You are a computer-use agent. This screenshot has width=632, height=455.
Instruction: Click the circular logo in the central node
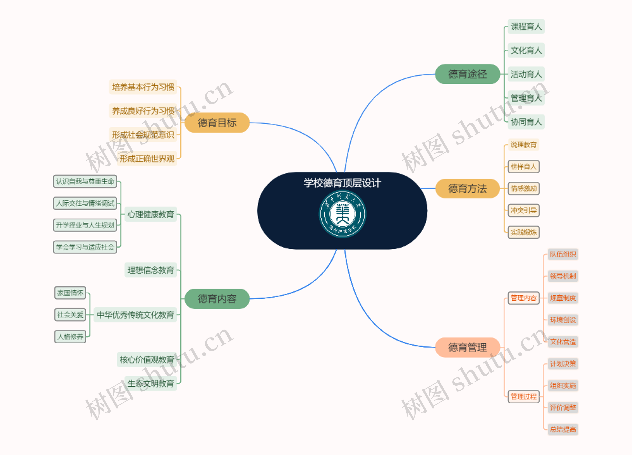(x=342, y=214)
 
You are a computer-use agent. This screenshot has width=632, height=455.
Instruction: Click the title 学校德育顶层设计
(x=342, y=183)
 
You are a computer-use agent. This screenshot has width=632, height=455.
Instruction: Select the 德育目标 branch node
(x=217, y=123)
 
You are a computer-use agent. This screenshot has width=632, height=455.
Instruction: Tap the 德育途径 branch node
(x=467, y=74)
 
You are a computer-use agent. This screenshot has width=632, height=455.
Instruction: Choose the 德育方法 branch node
(x=467, y=189)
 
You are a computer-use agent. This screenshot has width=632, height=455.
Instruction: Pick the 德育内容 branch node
(x=217, y=299)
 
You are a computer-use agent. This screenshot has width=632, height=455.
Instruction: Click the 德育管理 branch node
(x=467, y=347)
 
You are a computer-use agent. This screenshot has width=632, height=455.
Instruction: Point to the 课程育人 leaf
(x=526, y=26)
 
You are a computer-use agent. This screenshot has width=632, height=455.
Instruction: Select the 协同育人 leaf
(x=526, y=122)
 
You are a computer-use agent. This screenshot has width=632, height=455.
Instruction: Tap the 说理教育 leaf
(x=523, y=145)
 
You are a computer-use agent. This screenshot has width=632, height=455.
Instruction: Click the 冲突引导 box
(x=523, y=210)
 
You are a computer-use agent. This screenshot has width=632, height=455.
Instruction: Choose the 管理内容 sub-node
(x=523, y=298)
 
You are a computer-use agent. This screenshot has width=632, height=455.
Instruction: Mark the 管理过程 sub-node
(x=523, y=396)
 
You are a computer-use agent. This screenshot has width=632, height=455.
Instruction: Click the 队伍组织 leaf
(x=563, y=254)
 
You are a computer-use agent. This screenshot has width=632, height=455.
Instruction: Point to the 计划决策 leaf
(x=563, y=364)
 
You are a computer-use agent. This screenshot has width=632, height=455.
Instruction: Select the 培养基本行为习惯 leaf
(x=143, y=87)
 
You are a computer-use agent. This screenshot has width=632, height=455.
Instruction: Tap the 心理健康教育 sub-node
(x=151, y=214)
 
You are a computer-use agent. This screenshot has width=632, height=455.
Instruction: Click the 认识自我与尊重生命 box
(x=85, y=181)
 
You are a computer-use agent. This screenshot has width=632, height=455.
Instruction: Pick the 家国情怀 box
(x=70, y=293)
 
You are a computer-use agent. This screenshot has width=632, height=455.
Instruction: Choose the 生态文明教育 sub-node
(x=151, y=383)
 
